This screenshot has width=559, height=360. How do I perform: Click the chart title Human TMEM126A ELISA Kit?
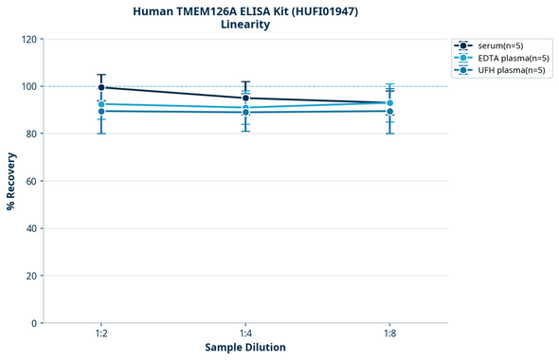[x=244, y=10]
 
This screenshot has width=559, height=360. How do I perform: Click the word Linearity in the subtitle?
[x=244, y=25]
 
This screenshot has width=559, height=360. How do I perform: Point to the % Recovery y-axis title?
[x=11, y=180]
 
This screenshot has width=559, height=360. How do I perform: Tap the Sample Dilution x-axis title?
[x=244, y=348]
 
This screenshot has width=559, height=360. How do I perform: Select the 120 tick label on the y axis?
[x=29, y=39]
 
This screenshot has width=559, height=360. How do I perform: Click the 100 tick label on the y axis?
[x=29, y=86]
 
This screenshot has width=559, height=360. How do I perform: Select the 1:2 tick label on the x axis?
[x=100, y=334]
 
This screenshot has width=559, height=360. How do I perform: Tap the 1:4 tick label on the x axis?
[x=245, y=334]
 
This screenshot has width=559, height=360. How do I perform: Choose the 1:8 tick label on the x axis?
[x=389, y=334]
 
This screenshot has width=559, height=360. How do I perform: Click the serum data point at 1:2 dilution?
[x=100, y=87]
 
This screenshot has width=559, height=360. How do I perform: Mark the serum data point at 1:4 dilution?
[x=245, y=98]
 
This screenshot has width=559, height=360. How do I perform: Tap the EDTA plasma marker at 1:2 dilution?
[x=100, y=103]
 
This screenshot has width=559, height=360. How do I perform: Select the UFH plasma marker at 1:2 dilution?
[x=100, y=111]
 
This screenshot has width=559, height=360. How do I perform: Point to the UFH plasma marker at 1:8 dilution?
[x=389, y=111]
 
